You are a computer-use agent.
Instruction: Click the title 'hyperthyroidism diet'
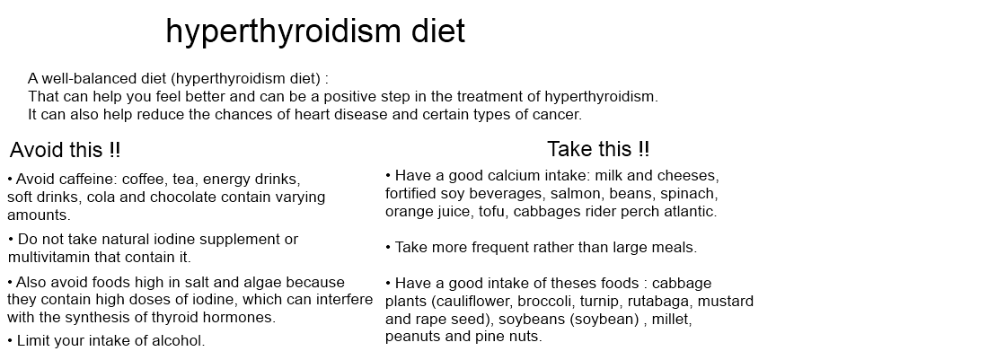(x=315, y=31)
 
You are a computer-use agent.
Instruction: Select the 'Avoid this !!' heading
(x=65, y=150)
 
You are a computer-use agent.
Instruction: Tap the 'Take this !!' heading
(x=598, y=149)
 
